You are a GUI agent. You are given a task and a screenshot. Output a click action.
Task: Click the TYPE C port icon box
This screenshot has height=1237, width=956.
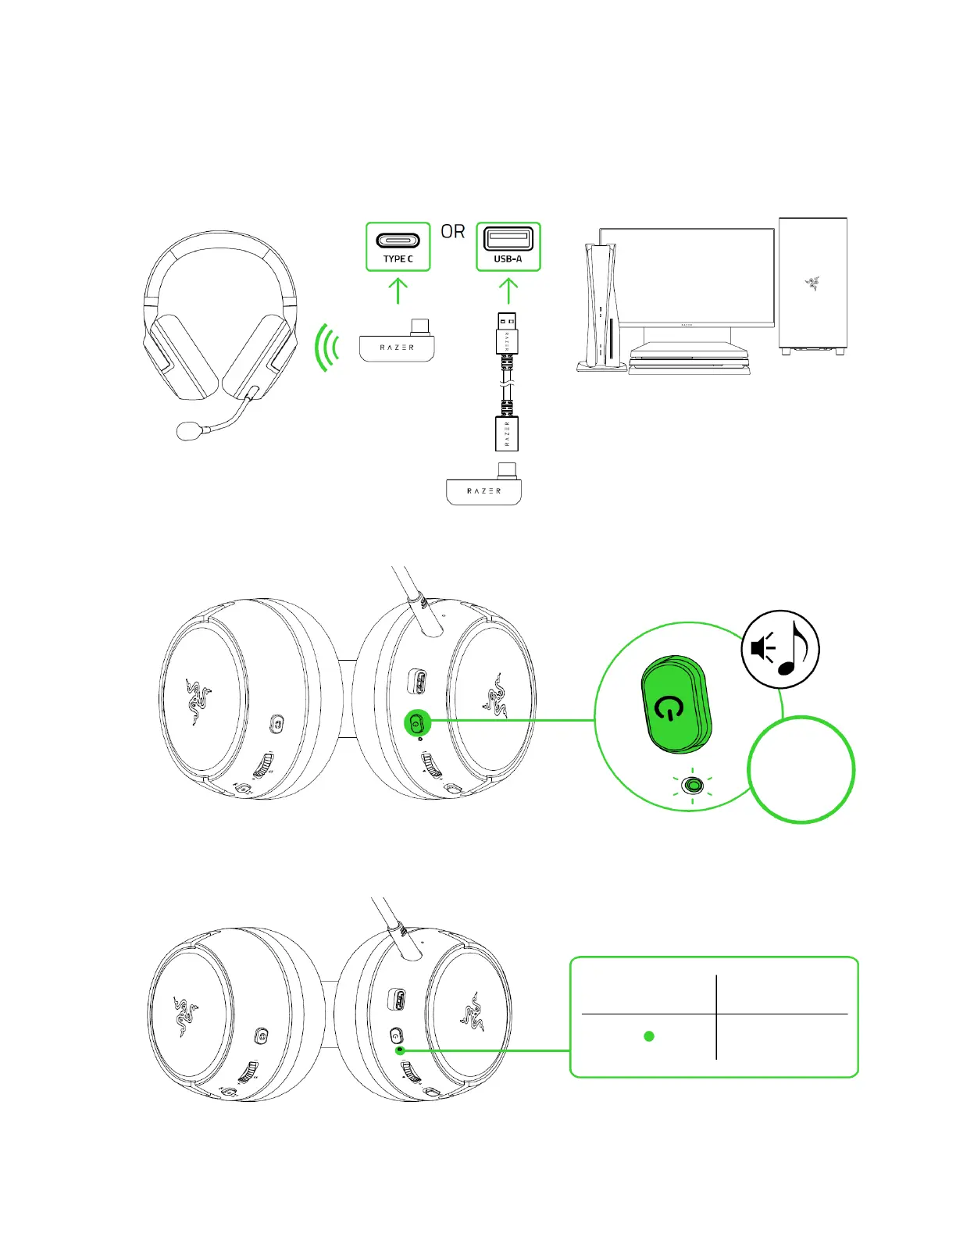(398, 247)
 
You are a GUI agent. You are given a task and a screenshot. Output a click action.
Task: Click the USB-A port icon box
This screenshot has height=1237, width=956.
(508, 247)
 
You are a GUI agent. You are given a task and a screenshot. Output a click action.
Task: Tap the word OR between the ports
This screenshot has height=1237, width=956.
(453, 232)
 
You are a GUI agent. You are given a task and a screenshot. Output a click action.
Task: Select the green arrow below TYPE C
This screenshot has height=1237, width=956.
(398, 291)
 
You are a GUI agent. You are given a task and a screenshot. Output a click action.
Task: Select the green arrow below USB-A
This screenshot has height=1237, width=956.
(508, 291)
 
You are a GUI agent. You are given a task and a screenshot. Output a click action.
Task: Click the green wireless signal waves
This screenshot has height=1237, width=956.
(328, 348)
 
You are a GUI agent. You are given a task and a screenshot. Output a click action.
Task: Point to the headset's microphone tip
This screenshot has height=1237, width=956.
(188, 430)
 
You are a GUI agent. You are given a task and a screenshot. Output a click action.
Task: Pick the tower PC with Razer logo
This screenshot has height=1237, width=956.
(812, 285)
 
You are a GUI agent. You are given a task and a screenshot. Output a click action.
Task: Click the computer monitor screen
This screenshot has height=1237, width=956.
(687, 275)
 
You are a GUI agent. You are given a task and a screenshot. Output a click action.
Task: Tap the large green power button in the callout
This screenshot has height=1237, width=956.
(675, 705)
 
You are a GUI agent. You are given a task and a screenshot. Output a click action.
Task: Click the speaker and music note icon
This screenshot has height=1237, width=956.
(779, 650)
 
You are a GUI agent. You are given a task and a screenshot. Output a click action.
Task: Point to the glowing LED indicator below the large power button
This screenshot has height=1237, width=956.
(692, 784)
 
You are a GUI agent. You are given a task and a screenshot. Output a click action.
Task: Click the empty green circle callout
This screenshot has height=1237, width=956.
(801, 769)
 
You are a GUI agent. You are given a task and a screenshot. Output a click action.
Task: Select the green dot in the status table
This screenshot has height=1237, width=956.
(648, 1036)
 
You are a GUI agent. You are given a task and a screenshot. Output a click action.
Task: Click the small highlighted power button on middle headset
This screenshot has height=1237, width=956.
(416, 723)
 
